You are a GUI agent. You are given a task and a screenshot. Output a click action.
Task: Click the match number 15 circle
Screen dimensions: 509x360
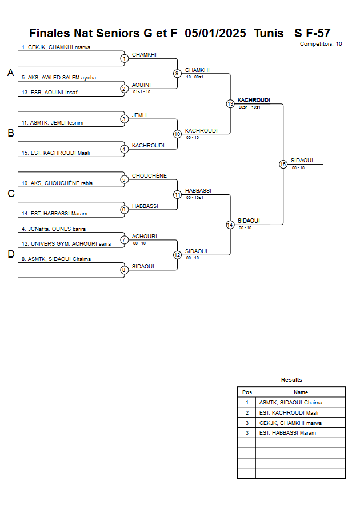tap(283, 164)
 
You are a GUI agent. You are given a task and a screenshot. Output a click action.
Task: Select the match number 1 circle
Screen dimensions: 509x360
tap(124, 58)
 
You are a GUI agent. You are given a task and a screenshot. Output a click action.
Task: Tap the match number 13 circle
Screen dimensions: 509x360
tap(230, 104)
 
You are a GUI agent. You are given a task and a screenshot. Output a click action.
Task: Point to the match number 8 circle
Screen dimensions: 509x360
tap(124, 270)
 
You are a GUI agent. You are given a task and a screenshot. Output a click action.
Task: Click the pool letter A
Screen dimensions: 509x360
tap(10, 73)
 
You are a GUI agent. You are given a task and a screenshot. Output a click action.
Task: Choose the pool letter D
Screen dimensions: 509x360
tap(10, 255)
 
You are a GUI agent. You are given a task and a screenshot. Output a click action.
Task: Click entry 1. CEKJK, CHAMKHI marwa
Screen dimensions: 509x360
tap(56, 47)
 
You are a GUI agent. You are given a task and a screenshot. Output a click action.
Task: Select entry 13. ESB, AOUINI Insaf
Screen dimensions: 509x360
tap(50, 92)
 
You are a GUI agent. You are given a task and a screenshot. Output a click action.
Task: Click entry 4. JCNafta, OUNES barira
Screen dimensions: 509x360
tap(53, 229)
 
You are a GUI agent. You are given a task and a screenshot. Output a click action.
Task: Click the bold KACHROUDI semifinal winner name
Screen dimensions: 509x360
tap(254, 100)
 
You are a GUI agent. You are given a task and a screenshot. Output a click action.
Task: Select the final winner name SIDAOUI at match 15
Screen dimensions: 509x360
tap(302, 161)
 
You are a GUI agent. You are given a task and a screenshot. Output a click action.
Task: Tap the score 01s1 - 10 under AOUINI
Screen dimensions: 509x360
tap(141, 91)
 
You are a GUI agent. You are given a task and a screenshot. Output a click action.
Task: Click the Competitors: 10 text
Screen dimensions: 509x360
tap(321, 43)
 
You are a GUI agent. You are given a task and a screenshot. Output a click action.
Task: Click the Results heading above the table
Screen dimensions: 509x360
tap(291, 379)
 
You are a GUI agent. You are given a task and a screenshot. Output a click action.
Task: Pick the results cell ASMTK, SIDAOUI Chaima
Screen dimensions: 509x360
tap(290, 402)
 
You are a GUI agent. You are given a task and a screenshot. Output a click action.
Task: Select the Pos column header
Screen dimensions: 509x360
tap(247, 392)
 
